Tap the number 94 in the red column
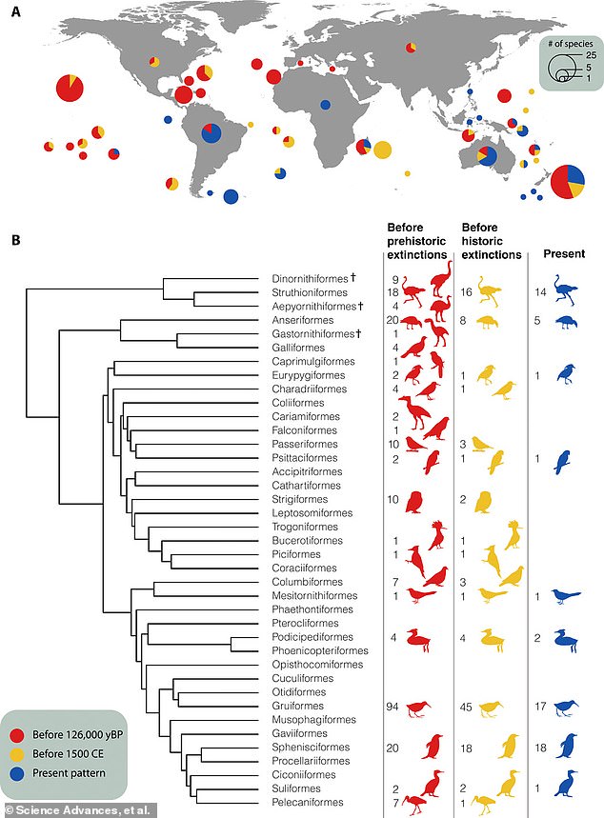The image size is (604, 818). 393,705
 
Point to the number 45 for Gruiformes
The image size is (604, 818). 468,705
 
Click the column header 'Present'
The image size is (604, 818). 564,255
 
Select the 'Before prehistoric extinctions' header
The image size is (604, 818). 415,242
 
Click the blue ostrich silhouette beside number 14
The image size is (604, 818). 570,290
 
